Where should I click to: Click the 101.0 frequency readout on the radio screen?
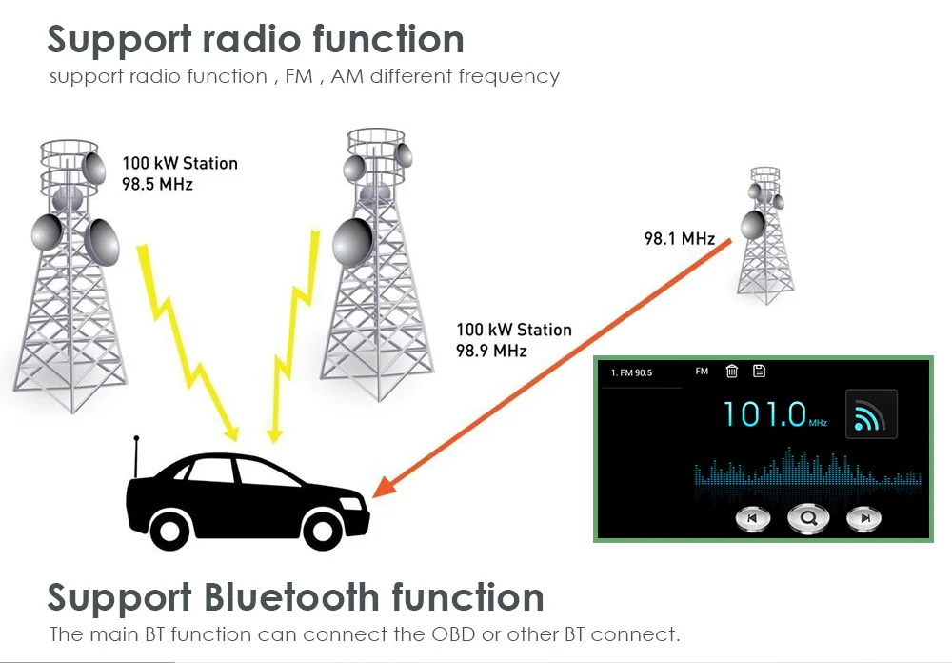coord(764,413)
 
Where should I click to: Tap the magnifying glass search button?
coord(808,518)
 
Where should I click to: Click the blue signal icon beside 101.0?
coord(871,414)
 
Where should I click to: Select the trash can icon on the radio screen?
coord(731,372)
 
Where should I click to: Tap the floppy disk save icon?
coord(759,372)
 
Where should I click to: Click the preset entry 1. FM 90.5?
coord(632,372)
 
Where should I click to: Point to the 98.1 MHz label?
coord(679,239)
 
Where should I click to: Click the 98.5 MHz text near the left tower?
coord(157,184)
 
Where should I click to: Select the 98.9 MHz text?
coord(491,351)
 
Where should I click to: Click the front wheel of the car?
coord(321,529)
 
